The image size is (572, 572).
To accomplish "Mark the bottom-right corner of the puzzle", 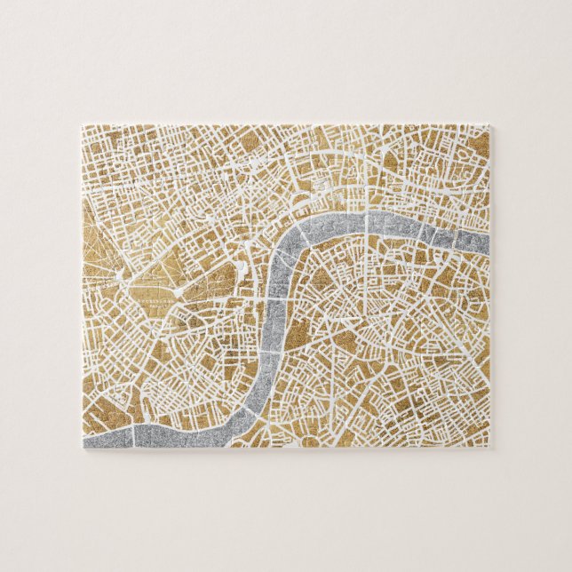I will pos(491,446).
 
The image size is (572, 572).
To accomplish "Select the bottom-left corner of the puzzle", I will pos(85,446).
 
